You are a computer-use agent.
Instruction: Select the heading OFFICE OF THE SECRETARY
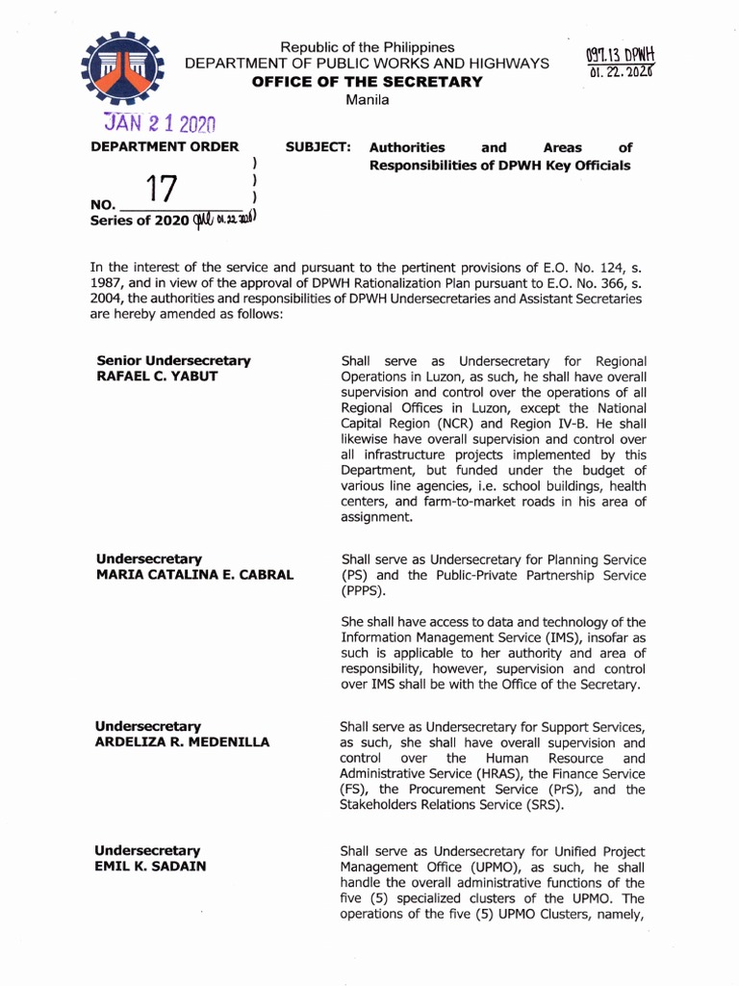(x=367, y=82)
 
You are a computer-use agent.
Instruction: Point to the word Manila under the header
(x=367, y=100)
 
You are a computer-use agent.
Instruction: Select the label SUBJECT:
(x=319, y=147)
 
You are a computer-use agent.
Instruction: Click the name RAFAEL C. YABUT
(x=156, y=376)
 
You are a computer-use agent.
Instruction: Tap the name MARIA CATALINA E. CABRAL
(x=194, y=575)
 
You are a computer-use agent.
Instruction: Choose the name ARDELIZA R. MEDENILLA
(x=182, y=742)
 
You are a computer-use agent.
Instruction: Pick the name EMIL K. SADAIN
(x=149, y=867)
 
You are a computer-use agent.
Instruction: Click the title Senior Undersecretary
(x=173, y=360)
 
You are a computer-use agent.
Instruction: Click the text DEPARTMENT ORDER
(x=165, y=147)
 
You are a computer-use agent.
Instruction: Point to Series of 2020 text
(x=140, y=221)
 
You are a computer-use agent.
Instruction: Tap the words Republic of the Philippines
(x=367, y=47)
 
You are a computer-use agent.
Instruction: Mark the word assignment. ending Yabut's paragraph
(x=376, y=517)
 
